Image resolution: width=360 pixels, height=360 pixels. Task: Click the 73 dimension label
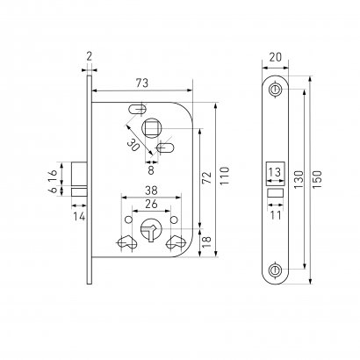click(142, 83)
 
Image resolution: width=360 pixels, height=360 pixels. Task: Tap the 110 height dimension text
click(225, 176)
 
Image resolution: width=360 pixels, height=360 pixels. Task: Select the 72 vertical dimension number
click(207, 177)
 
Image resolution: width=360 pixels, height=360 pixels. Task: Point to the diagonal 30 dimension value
click(133, 145)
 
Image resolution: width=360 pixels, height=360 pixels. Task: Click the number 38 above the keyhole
click(151, 191)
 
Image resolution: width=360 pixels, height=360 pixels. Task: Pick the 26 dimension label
click(151, 204)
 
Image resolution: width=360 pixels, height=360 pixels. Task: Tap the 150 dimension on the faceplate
click(317, 179)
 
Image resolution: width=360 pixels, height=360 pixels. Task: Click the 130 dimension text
click(299, 179)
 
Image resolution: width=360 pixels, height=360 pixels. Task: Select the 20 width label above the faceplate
click(276, 57)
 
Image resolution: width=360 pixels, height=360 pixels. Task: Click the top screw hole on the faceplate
click(275, 90)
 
